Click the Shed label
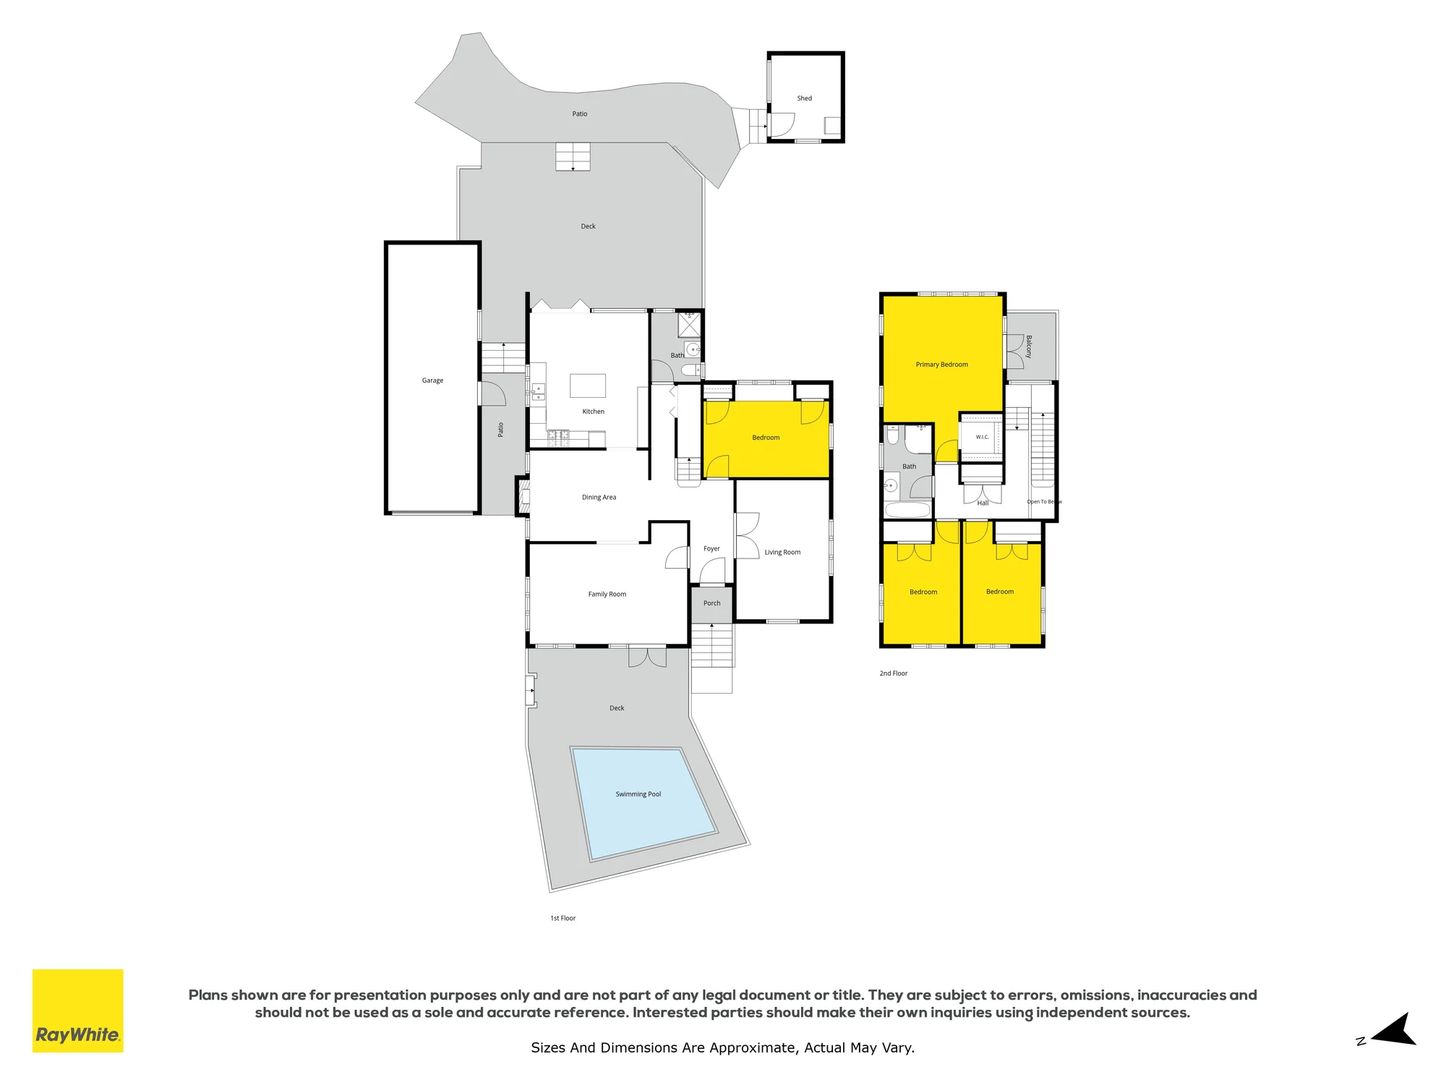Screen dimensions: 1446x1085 [804, 98]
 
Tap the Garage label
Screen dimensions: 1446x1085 [432, 380]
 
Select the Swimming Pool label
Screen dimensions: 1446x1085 [638, 794]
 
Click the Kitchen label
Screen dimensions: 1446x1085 [593, 412]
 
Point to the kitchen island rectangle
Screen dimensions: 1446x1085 [588, 386]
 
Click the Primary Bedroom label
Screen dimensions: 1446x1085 [941, 365]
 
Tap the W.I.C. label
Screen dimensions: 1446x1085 [982, 437]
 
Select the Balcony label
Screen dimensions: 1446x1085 [1029, 346]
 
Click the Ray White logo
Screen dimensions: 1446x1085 [78, 1010]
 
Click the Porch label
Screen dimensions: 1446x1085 [711, 603]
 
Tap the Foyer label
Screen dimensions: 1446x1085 [711, 549]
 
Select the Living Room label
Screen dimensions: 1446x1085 [782, 553]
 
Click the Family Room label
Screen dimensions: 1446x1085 [607, 595]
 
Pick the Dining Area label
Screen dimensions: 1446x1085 [599, 498]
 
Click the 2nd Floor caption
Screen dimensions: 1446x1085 [893, 673]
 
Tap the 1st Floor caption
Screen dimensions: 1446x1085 [562, 919]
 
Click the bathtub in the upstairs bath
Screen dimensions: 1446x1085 [908, 510]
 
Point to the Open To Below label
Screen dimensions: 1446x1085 [1044, 502]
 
